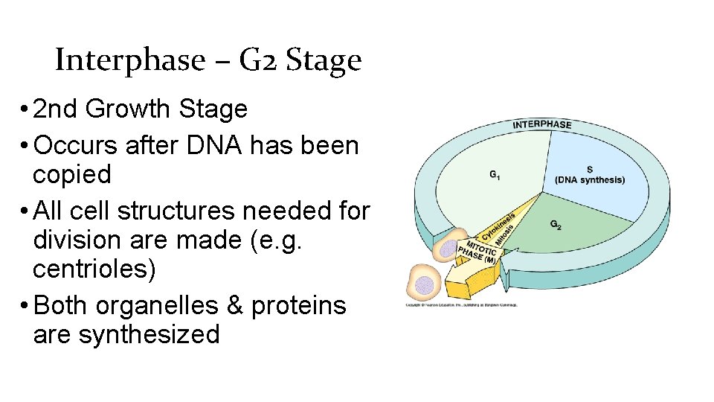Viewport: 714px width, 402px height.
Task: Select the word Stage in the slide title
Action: (x=325, y=60)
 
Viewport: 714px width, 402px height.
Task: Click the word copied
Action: (x=72, y=175)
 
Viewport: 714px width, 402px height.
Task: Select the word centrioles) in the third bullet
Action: (x=95, y=269)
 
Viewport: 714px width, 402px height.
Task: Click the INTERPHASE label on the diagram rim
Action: (x=542, y=124)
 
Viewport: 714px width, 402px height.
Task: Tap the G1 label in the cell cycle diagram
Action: (x=495, y=175)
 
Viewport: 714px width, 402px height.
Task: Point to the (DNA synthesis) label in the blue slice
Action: (x=590, y=180)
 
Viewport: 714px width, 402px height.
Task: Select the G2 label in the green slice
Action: (x=556, y=223)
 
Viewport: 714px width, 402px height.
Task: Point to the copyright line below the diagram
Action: (x=461, y=304)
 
